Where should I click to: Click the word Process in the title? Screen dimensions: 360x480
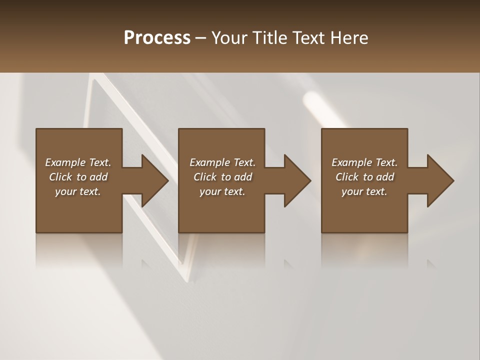(x=157, y=38)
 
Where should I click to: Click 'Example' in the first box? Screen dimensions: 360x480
(x=65, y=162)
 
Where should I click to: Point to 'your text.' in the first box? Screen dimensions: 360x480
(x=78, y=191)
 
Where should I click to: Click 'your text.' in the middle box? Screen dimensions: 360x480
(x=222, y=191)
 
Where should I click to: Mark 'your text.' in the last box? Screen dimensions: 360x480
(x=364, y=191)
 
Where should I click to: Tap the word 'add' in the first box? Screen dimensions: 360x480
(x=99, y=177)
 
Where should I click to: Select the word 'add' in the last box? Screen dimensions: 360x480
(x=385, y=177)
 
